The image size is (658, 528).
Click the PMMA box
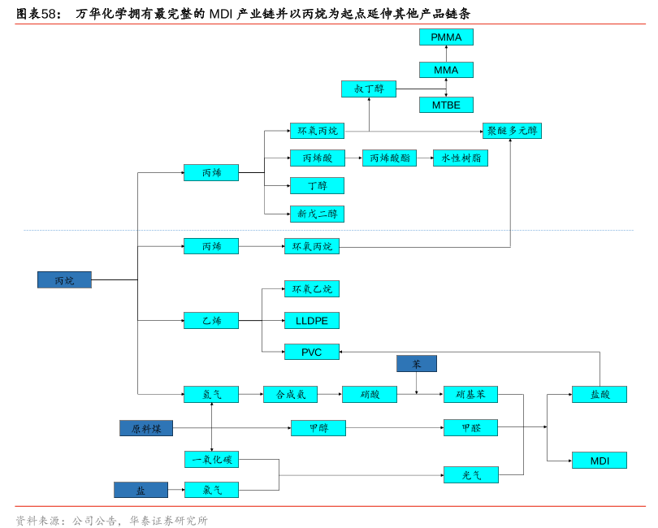pos(446,37)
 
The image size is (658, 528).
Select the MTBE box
pos(446,105)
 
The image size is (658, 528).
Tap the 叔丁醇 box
pos(369,89)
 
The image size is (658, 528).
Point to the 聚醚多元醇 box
pos(512,131)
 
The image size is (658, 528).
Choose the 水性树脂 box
pos(461,158)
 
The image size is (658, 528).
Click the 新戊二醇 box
pos(317,214)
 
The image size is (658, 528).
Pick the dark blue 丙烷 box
pos(64,280)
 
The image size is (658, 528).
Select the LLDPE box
pos(312,321)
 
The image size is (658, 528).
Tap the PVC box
pos(312,353)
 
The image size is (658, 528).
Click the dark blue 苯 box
pos(417,364)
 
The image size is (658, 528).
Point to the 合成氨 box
pos(290,395)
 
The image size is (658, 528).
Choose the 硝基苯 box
pos(471,395)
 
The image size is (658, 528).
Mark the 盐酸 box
pos(600,395)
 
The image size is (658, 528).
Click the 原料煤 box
pos(146,428)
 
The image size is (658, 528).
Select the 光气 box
pos(471,475)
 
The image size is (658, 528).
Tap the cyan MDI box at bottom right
pos(600,461)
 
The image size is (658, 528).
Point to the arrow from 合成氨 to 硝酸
pos(330,395)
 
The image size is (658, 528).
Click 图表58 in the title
pos(38,14)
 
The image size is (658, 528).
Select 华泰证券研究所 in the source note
pos(168,521)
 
